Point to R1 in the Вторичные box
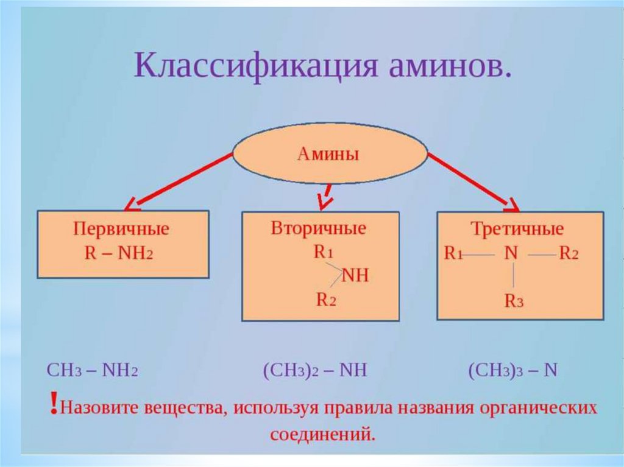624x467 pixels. [x=323, y=253]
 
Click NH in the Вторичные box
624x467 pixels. [x=356, y=276]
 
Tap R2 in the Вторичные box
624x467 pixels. [x=325, y=300]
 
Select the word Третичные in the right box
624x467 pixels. [x=517, y=230]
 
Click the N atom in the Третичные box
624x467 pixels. [x=511, y=253]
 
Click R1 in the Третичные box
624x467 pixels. [x=453, y=254]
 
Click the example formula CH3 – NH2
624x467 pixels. [x=93, y=371]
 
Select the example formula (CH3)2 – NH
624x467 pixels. [x=314, y=371]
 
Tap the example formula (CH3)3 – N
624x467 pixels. [x=513, y=371]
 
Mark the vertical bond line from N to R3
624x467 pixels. [x=514, y=277]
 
